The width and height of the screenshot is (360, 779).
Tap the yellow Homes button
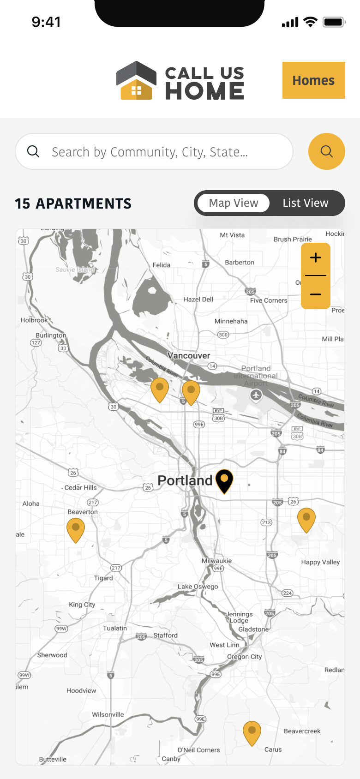(313, 80)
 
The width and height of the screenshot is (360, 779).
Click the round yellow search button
(326, 151)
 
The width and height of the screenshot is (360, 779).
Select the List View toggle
(305, 203)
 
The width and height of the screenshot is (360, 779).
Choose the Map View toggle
(234, 203)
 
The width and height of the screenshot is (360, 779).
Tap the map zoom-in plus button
(316, 258)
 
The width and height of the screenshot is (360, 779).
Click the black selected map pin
(224, 480)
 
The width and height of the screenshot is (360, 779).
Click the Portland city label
(185, 480)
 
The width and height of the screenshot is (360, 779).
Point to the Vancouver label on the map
(189, 355)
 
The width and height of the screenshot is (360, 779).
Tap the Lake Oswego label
(198, 587)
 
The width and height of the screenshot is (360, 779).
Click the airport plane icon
(256, 395)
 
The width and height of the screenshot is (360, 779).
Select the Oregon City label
(244, 656)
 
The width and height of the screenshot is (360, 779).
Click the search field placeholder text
(150, 152)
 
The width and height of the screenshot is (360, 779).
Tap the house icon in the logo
(136, 81)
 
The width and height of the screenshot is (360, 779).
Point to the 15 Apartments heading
(73, 204)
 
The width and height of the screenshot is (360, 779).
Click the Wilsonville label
(108, 714)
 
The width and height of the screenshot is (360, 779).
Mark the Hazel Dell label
(198, 299)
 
